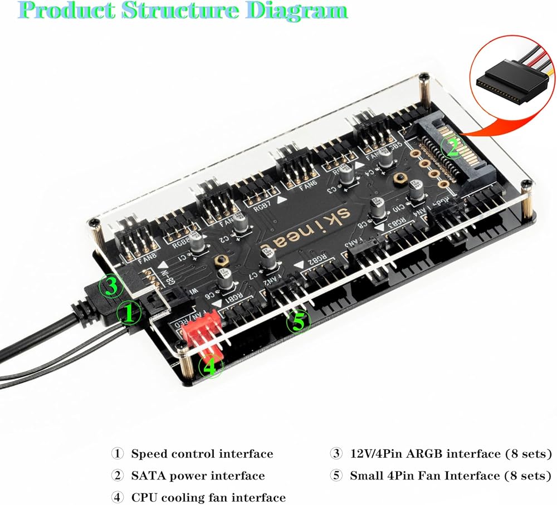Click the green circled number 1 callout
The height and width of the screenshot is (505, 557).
pos(129,313)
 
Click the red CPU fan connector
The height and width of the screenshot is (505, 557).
pos(203,334)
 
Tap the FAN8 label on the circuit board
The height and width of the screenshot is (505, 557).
pos(131,258)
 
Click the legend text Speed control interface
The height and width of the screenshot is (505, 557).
pos(202,454)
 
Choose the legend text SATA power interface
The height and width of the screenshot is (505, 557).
pos(198,476)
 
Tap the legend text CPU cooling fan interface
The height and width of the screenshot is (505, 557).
pos(208,498)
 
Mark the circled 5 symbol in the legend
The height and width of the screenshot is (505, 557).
pos(336,476)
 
